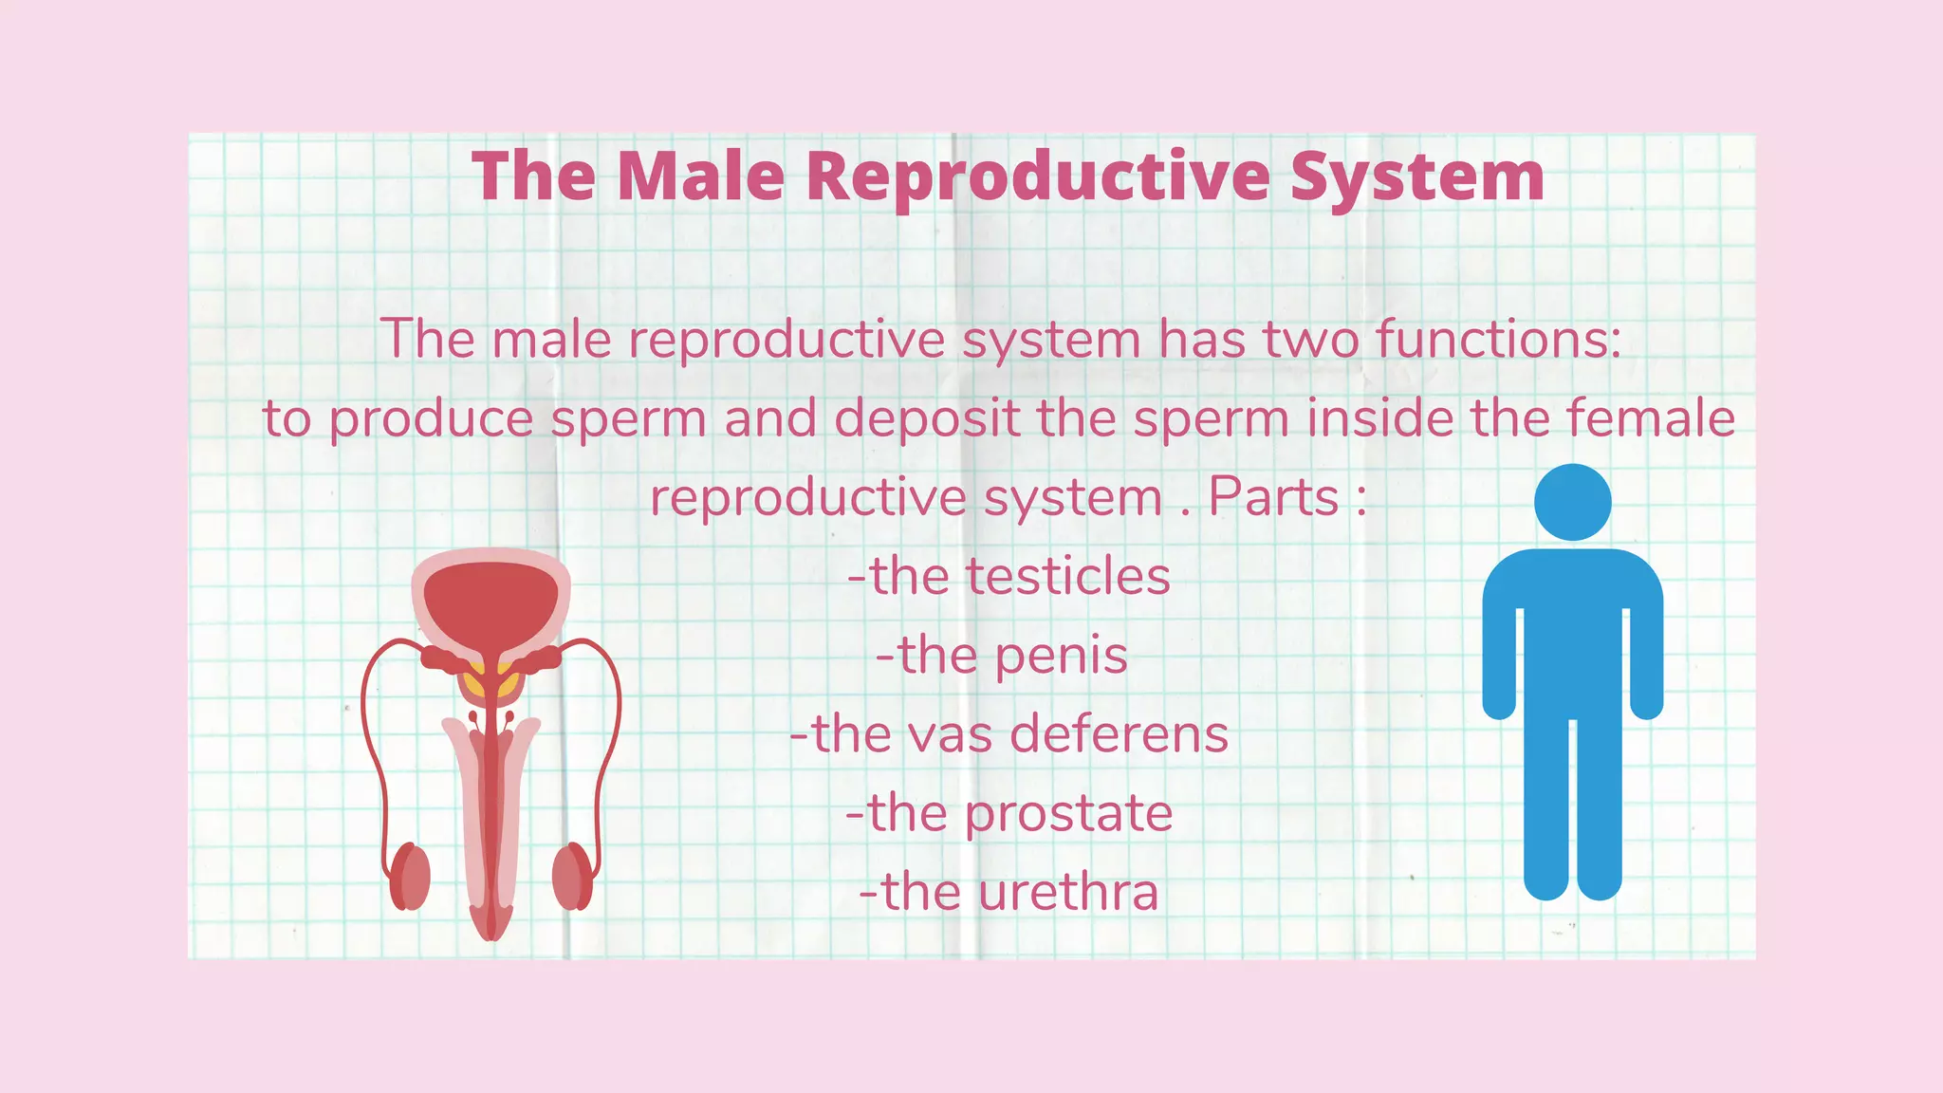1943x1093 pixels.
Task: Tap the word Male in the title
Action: point(700,177)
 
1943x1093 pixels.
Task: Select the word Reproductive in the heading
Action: point(1037,177)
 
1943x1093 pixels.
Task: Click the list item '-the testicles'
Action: point(1009,577)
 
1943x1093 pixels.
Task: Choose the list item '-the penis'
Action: point(1002,656)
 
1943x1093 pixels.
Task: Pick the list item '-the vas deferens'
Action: point(1009,734)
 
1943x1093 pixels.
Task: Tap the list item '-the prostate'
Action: point(1009,813)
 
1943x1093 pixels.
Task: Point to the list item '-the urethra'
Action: point(1009,893)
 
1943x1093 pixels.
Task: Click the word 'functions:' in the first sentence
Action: point(1498,339)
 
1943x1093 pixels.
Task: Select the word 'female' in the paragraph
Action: point(1650,418)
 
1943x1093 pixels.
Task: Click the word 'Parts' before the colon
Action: point(1272,497)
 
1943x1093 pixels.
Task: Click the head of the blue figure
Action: point(1572,503)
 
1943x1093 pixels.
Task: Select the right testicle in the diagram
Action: point(571,877)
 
